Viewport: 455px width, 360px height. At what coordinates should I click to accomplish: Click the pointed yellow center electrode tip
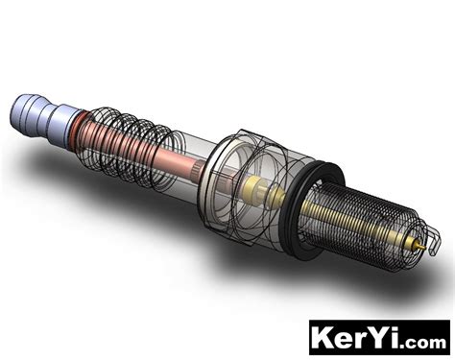420,246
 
